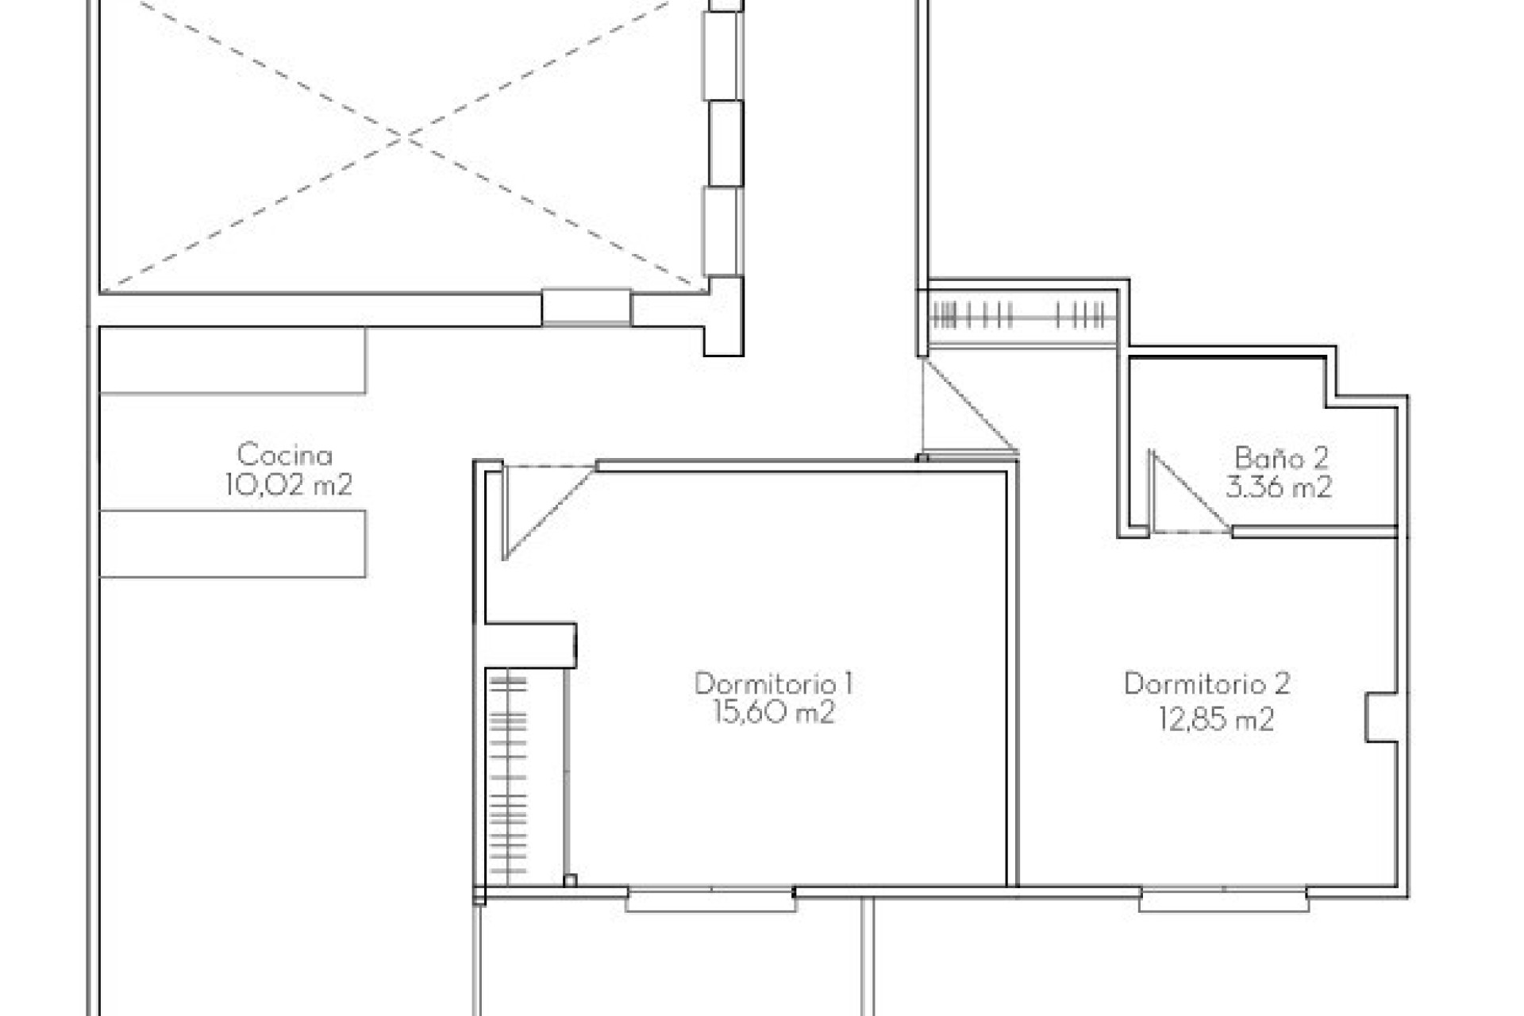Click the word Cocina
tap(284, 455)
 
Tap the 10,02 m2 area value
tap(287, 484)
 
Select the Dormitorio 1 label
tap(773, 683)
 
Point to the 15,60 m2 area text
tap(773, 713)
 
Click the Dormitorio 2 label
tap(1206, 683)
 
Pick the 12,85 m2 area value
tap(1216, 720)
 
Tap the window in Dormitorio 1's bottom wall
tap(710, 900)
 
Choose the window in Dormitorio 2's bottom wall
tap(1223, 900)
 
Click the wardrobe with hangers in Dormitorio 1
tap(509, 775)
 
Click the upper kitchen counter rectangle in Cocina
tap(233, 360)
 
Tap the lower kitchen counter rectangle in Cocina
tap(233, 544)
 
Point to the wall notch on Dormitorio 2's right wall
tap(1381, 718)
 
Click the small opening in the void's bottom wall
tap(586, 307)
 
